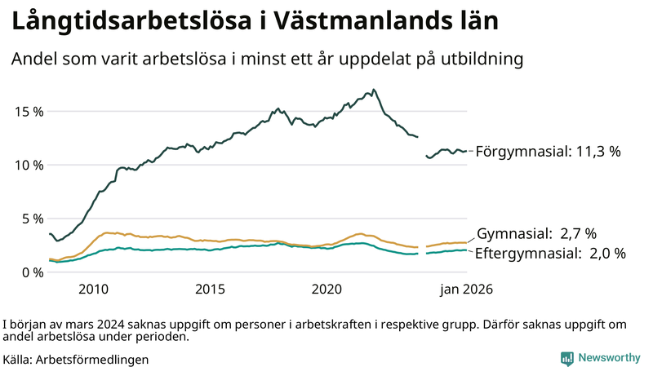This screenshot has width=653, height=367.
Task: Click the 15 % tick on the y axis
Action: click(27, 111)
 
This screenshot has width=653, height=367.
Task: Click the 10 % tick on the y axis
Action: click(27, 165)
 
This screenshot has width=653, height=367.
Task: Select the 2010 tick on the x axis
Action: click(93, 289)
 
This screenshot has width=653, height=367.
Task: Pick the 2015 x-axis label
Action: click(210, 289)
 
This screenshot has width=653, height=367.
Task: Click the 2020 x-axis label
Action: click(326, 289)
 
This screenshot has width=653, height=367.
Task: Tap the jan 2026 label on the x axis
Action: click(467, 289)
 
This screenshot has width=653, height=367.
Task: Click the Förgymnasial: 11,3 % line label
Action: click(548, 151)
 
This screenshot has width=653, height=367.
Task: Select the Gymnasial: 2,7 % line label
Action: click(536, 233)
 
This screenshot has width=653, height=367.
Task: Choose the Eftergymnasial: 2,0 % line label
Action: click(549, 254)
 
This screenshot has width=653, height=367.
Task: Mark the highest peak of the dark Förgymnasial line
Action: click(373, 90)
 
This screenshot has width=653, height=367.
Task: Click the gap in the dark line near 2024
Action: click(422, 145)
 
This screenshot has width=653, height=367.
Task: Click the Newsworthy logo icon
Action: click(566, 358)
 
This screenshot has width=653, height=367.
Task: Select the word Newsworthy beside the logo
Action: click(609, 358)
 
